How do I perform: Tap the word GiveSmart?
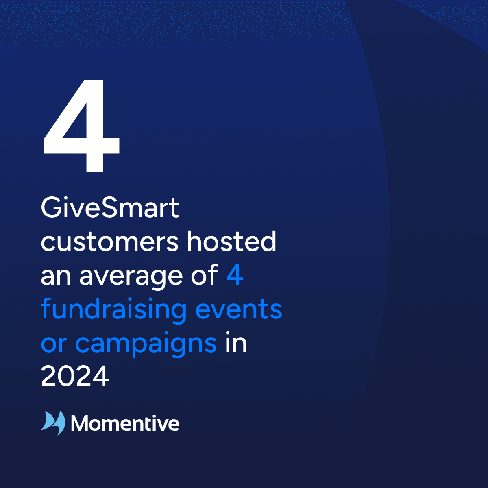click(x=110, y=208)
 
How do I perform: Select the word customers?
click(x=110, y=242)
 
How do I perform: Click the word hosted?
click(x=231, y=241)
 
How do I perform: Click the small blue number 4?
click(x=235, y=275)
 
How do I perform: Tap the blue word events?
click(x=239, y=310)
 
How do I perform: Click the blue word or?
click(x=54, y=344)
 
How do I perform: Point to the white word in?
click(x=236, y=342)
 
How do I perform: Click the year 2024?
click(x=75, y=376)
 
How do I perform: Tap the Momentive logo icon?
click(x=53, y=423)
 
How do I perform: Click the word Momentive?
click(x=125, y=423)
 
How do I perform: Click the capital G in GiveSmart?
click(x=51, y=208)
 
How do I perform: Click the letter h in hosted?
click(x=194, y=241)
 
